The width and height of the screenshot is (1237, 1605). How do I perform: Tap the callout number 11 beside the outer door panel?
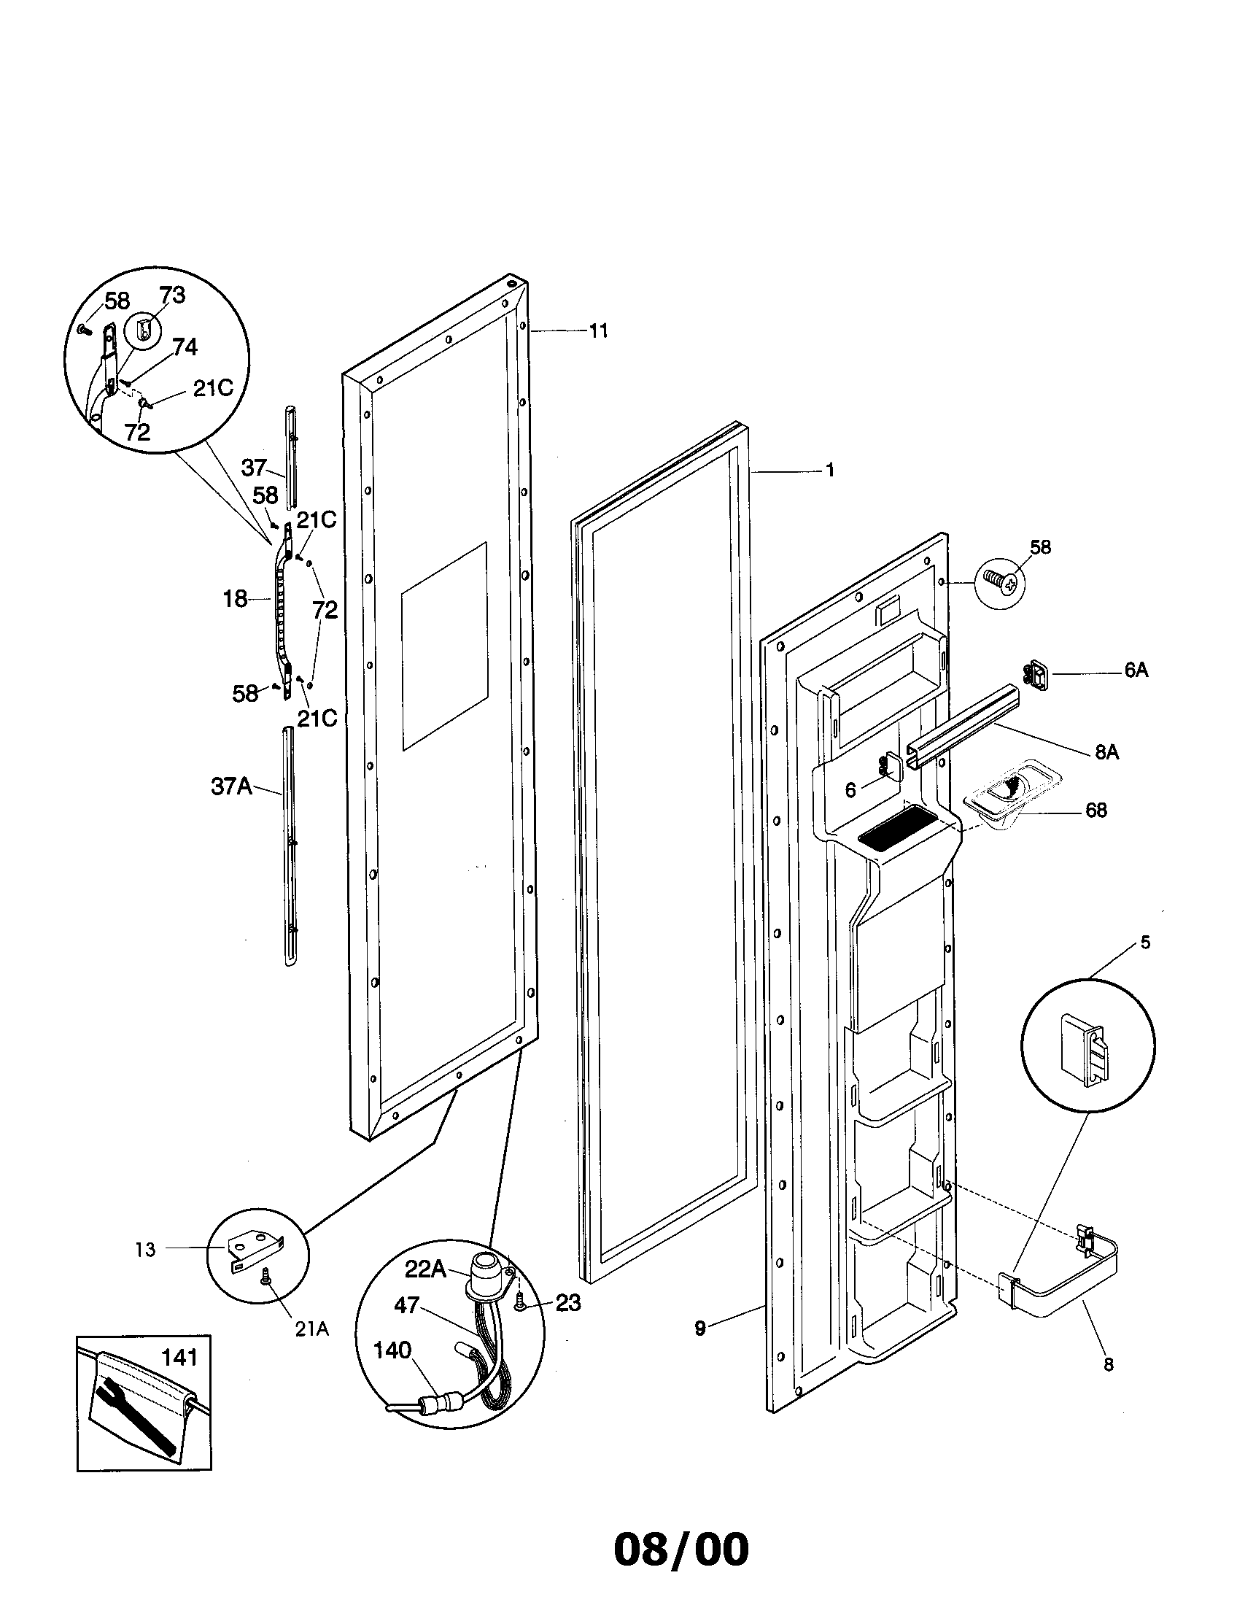point(599,331)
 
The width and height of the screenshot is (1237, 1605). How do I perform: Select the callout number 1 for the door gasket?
point(830,471)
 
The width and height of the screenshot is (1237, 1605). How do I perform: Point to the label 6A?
point(1136,670)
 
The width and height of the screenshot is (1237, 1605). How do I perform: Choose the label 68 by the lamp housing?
point(1096,810)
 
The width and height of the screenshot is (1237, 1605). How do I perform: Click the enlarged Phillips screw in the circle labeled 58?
point(1001,581)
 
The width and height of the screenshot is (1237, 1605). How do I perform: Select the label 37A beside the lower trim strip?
point(231,786)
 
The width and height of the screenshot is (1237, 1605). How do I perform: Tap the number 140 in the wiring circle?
point(392,1350)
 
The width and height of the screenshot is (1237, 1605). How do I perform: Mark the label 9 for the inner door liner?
point(699,1328)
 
